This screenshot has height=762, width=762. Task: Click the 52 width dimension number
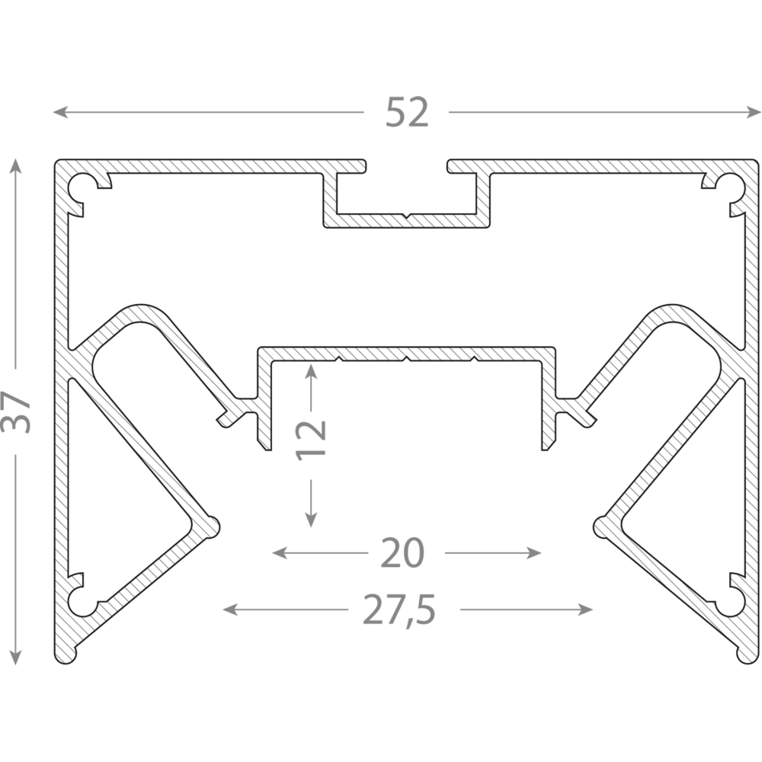pos(407,112)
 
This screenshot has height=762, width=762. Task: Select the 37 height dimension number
pos(15,411)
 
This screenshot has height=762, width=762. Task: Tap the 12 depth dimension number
pos(311,440)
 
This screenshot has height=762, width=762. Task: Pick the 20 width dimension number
pos(402,553)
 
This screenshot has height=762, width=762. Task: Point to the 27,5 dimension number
pos(399,610)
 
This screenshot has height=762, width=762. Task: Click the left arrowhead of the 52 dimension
pos(59,112)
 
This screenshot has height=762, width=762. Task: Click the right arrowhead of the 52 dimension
pos(754,112)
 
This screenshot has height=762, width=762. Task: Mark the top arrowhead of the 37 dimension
pos(15,165)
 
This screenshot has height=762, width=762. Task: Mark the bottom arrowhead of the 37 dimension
pos(15,658)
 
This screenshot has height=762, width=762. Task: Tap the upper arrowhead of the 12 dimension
pos(311,371)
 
